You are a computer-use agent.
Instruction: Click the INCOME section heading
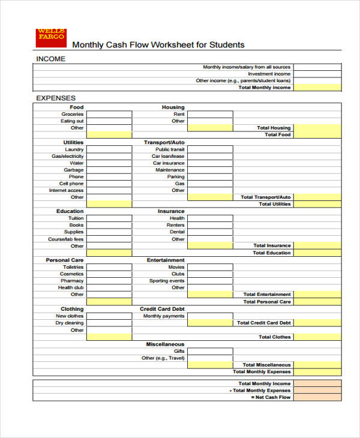click(51, 59)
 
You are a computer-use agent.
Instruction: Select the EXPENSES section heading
click(56, 98)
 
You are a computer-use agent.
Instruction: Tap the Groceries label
click(73, 114)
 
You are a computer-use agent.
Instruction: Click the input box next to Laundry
click(109, 149)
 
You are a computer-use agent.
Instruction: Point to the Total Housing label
click(274, 128)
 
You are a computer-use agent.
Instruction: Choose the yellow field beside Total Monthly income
click(317, 88)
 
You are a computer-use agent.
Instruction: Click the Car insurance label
click(169, 163)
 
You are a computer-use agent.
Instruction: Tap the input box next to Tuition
click(109, 218)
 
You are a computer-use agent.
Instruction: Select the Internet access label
click(67, 191)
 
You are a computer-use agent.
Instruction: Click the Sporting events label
click(167, 281)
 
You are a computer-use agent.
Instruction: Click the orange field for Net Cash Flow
click(317, 397)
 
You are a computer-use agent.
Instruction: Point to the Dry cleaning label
click(70, 323)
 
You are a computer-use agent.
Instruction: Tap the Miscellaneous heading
click(165, 344)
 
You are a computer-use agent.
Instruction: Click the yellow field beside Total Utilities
click(317, 205)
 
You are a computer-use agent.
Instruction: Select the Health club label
click(71, 287)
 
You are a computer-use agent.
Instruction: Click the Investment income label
click(269, 74)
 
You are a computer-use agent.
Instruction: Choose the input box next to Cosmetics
click(109, 274)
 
